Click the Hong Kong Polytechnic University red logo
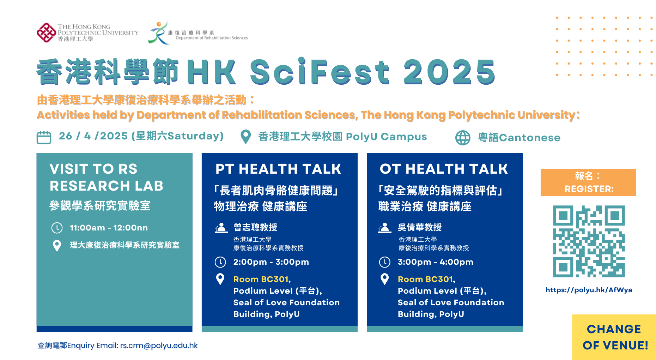click(46, 33)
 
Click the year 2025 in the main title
click(449, 72)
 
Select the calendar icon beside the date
click(44, 137)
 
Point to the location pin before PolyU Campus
click(245, 137)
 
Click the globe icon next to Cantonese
click(463, 138)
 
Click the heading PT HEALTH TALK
click(278, 169)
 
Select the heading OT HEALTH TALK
click(444, 169)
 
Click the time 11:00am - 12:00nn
click(109, 228)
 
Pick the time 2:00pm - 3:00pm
click(271, 262)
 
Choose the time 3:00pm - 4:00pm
click(435, 262)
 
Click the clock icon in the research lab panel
click(57, 228)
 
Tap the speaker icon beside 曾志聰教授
click(221, 228)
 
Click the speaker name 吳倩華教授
click(420, 227)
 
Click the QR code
click(589, 241)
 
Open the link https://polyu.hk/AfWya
click(589, 290)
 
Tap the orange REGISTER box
click(588, 182)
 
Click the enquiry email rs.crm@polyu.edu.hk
click(159, 346)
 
